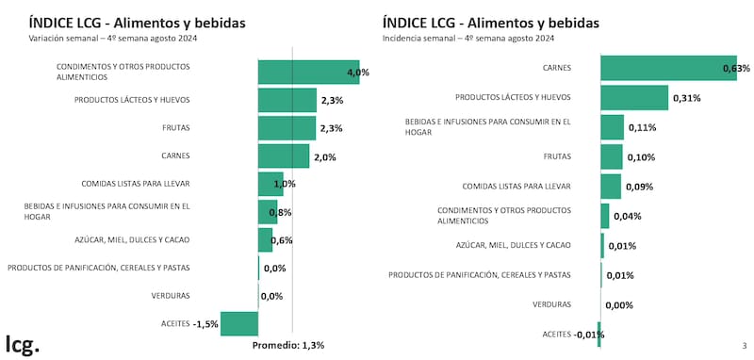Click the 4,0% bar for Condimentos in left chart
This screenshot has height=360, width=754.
coord(308,72)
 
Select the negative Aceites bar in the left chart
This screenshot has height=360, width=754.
coord(239,323)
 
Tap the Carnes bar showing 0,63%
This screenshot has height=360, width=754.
coord(667,68)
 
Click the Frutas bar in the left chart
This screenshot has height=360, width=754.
coord(287,128)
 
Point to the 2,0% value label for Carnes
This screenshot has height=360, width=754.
coord(323,157)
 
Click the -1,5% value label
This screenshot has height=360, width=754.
coord(205,324)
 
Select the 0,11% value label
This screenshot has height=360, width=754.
coord(642,127)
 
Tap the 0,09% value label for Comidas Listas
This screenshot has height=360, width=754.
coord(638,187)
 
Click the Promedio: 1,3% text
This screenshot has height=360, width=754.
coord(288,345)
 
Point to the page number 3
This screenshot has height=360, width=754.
coord(744,346)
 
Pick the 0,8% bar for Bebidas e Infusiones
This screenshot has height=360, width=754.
coord(268,212)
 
